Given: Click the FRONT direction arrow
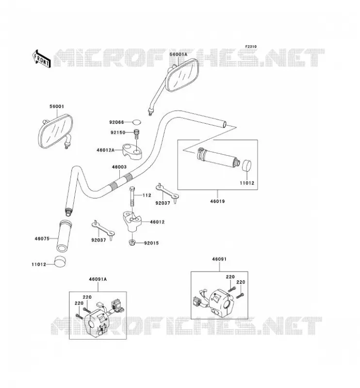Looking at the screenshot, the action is [x=41, y=59].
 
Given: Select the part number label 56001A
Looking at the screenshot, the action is [x=179, y=54].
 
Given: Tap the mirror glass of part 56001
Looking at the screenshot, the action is [x=56, y=131].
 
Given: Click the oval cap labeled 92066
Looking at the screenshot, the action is [x=136, y=122].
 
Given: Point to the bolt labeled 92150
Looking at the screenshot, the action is [x=136, y=134].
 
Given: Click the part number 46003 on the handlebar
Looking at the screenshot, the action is [x=119, y=167].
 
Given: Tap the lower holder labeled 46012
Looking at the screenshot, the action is [x=132, y=221].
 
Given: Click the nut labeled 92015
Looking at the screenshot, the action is [x=132, y=242].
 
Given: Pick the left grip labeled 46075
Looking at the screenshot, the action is [x=64, y=235].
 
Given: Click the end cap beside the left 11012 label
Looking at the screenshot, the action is [x=60, y=261].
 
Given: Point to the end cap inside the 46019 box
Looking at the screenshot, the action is [x=246, y=165].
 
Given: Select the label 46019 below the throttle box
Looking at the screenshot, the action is [x=217, y=201].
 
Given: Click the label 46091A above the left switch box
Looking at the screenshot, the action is [x=98, y=279].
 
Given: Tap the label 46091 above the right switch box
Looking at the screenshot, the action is [x=219, y=259].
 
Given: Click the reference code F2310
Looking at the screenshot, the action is [x=251, y=47].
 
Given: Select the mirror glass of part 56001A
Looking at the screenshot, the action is [x=183, y=76].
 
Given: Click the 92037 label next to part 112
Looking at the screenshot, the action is [x=163, y=203].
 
